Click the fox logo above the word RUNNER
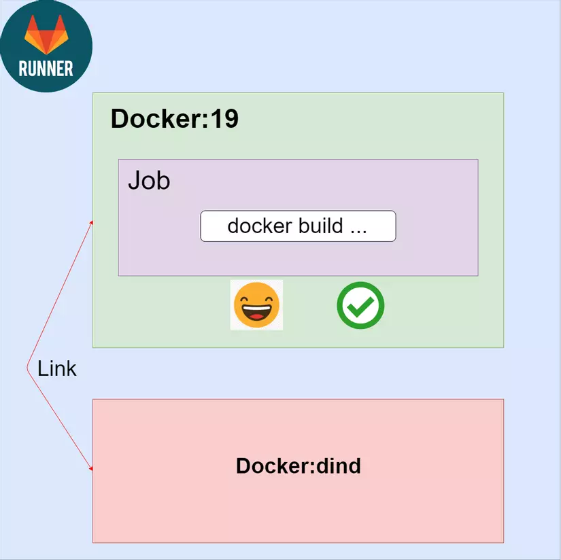click(47, 35)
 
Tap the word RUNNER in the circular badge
click(46, 69)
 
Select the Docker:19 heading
click(174, 119)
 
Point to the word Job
click(149, 181)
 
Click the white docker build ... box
click(298, 226)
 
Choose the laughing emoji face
click(256, 305)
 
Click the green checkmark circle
click(360, 305)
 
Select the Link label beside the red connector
click(56, 368)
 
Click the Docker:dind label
click(298, 466)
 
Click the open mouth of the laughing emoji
click(256, 313)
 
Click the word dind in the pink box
click(338, 466)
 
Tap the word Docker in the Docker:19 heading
click(155, 119)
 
